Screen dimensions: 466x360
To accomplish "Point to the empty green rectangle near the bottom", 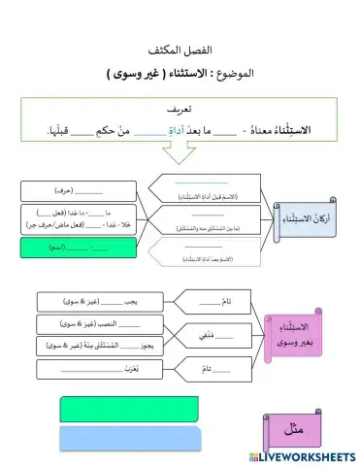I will click(115, 407).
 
